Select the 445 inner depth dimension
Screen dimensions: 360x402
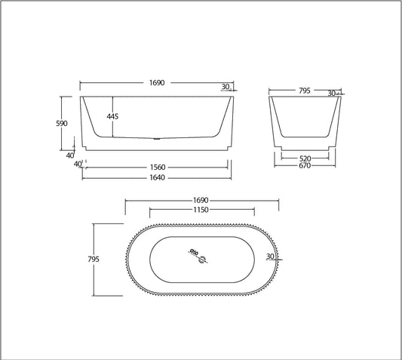coord(112,116)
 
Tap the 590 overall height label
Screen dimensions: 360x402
coord(63,123)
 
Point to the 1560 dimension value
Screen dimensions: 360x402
coord(158,167)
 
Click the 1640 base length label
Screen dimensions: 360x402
coord(158,177)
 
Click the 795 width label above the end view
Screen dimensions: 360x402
coord(303,91)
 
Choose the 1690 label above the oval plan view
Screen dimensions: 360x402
coord(202,201)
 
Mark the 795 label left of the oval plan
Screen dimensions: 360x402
coord(94,259)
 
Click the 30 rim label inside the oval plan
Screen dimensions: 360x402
coord(270,256)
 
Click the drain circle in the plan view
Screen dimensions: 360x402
coord(201,261)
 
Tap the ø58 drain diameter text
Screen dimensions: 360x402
coord(192,252)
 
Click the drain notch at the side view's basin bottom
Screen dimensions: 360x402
coord(156,139)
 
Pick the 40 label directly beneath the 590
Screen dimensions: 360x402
coord(69,155)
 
